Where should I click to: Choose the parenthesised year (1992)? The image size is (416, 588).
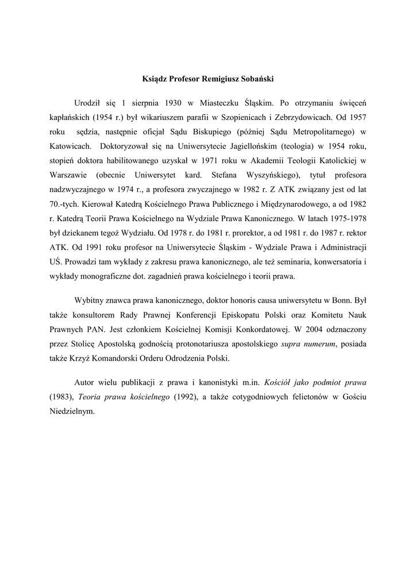pos(184,399)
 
